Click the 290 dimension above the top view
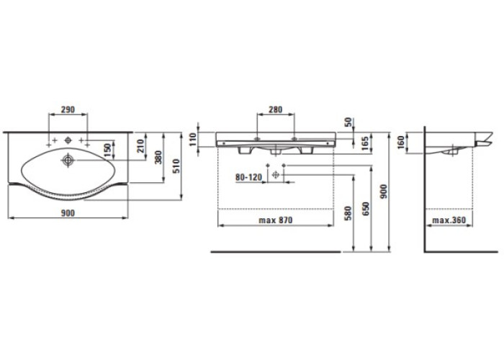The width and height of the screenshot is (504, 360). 68,109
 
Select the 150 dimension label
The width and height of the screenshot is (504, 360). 108,150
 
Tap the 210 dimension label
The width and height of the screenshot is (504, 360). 141,145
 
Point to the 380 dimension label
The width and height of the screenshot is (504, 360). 159,158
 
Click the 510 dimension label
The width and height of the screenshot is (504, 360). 176,166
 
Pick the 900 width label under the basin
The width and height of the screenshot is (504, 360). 68,213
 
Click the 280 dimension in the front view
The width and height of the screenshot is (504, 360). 276,109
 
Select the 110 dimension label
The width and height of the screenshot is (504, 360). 193,140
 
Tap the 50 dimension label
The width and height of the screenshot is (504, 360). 348,122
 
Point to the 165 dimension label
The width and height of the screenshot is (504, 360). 366,143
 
